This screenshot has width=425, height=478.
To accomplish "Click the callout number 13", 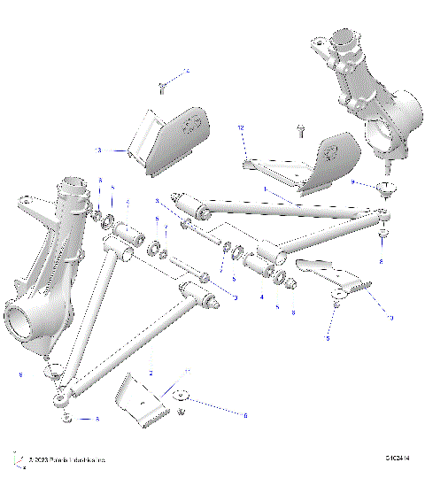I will coord(98,150).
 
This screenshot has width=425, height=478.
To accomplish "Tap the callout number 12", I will coord(240,128).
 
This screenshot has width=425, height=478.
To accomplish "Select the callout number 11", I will coord(186,372).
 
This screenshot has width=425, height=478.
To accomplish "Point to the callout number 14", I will coord(187,70).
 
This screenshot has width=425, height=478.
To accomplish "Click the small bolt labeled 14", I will coord(163,85).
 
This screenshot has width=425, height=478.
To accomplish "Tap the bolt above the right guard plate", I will coord(301,130).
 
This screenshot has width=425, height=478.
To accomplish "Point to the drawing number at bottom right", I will coord(398,459).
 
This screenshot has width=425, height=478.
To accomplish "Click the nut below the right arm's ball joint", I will coord(383,236).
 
